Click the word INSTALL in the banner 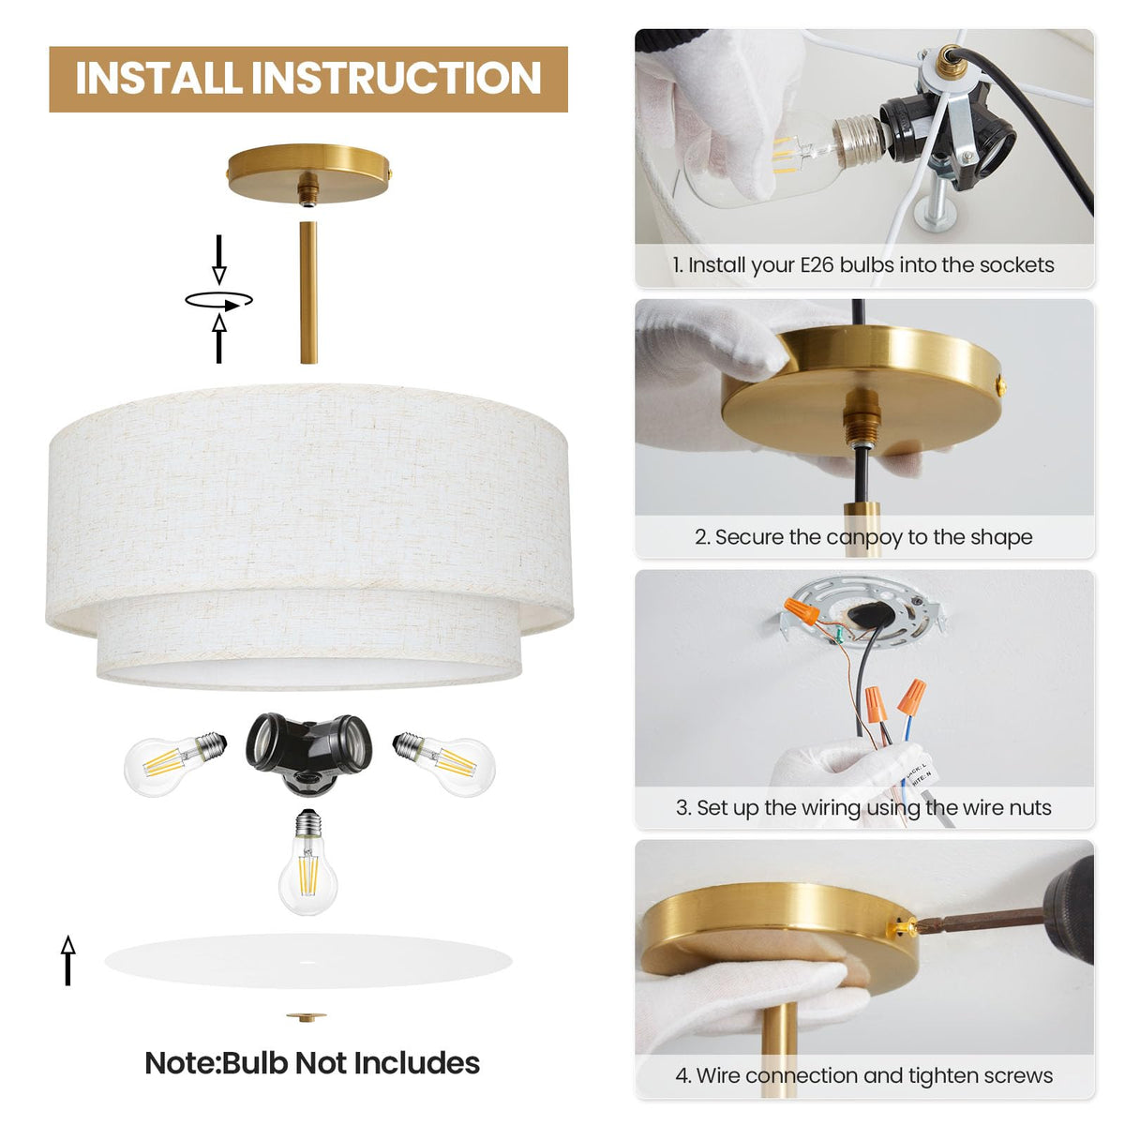click(x=158, y=78)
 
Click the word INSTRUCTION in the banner click(x=397, y=78)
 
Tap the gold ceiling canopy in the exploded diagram click(x=308, y=174)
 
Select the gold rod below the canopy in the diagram click(x=308, y=292)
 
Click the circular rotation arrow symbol click(x=219, y=301)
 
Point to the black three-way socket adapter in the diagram click(x=308, y=753)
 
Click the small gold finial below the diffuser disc click(x=306, y=1017)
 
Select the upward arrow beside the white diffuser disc click(x=68, y=960)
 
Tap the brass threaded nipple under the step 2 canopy click(x=862, y=415)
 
